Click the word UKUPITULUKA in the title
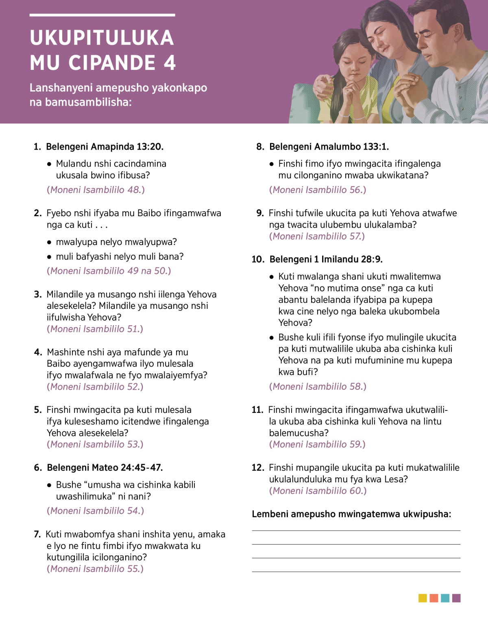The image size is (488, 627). pos(102,38)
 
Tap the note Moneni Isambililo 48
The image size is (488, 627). pos(96,190)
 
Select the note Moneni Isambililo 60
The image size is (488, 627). pos(318,491)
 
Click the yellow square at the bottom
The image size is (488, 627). pos(423,598)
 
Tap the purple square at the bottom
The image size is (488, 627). pos(456,598)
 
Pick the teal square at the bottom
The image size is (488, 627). pos(445,598)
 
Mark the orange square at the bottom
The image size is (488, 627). pos(434,598)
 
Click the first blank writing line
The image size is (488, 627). pos(356,530)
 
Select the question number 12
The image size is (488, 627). pos(258,468)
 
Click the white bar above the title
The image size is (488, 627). pos(102,15)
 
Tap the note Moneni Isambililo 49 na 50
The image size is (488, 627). pos(109,271)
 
